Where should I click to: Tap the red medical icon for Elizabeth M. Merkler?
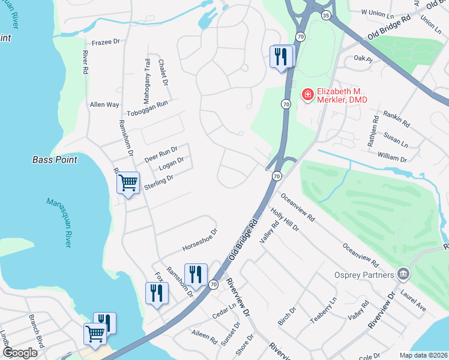307,95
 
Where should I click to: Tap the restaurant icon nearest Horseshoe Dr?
196,275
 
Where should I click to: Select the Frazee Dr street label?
107,43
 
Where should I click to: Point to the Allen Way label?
104,104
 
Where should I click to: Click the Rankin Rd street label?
396,119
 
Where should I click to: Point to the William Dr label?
392,157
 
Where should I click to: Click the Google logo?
20,353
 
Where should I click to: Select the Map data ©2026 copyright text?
423,355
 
